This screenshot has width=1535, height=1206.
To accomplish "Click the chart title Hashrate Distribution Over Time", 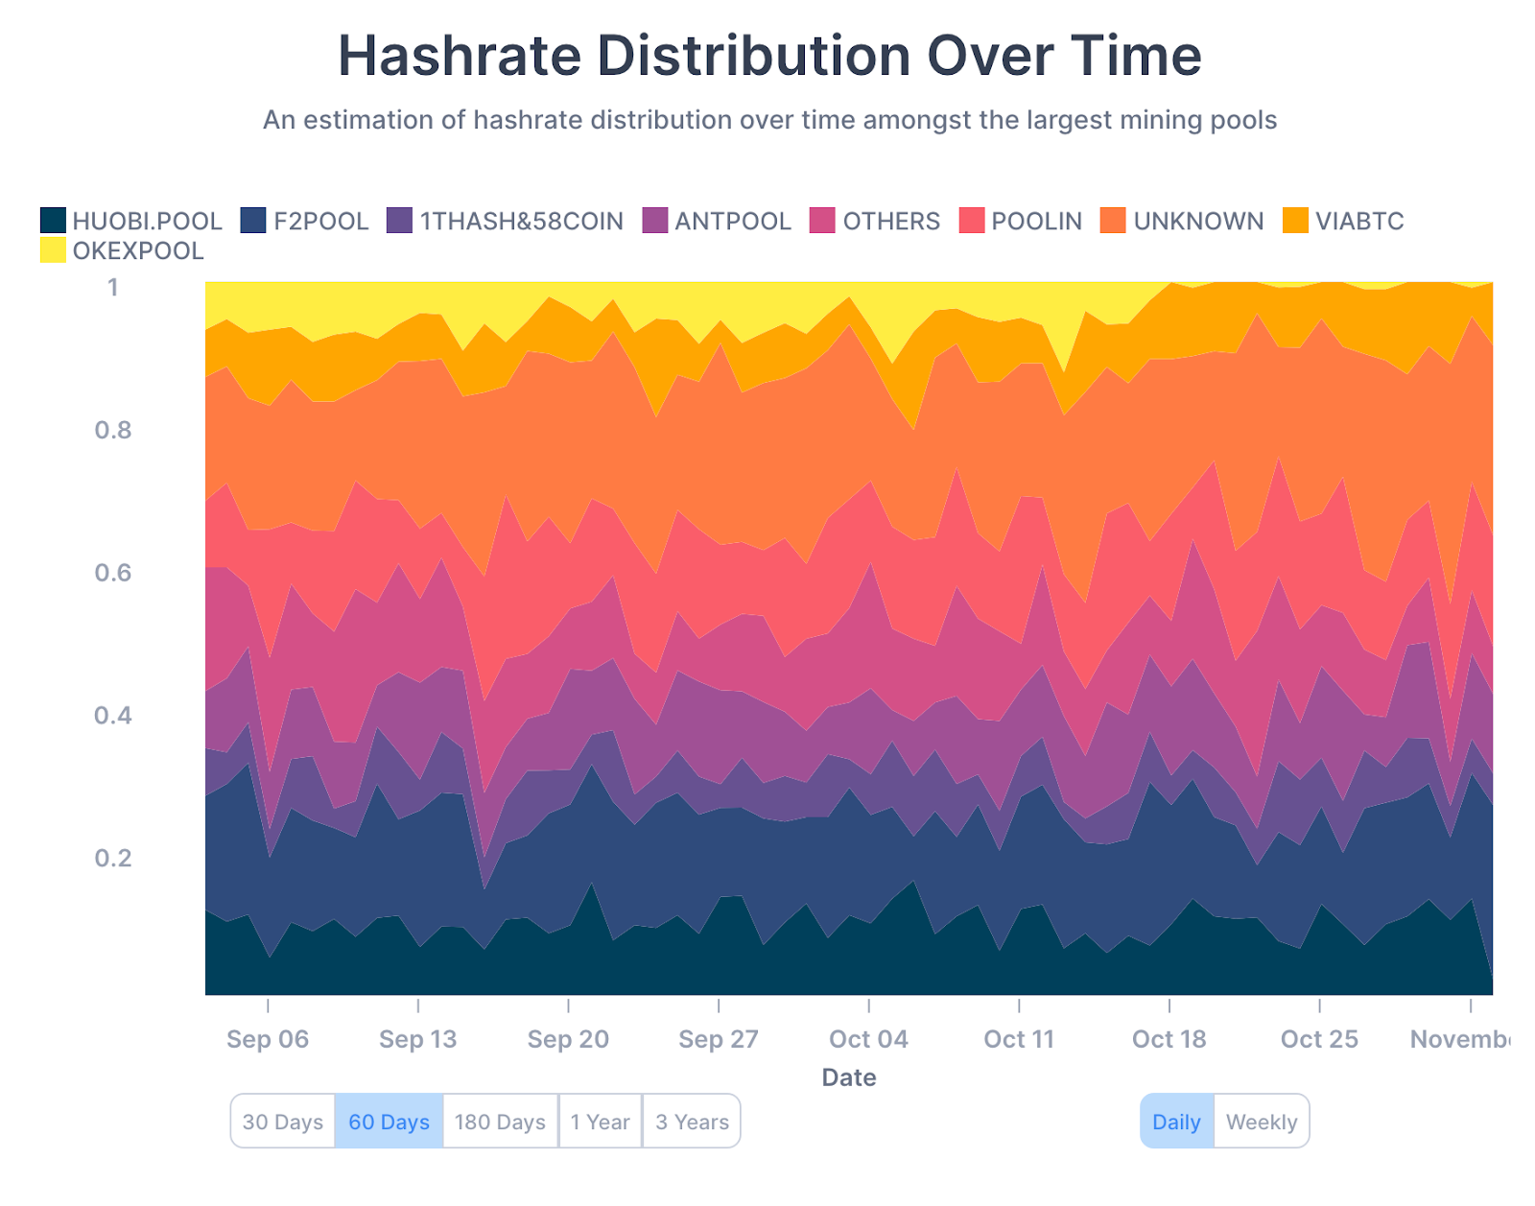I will click(769, 56).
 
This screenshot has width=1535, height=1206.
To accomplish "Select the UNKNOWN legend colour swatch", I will click(1113, 221).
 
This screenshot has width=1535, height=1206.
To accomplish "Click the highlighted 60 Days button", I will click(389, 1122).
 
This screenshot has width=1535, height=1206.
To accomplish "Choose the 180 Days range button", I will click(500, 1122).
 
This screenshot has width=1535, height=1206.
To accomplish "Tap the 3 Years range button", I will click(692, 1122).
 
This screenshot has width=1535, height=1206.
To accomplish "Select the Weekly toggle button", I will click(1261, 1122).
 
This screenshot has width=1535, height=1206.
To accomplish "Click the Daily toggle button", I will click(1176, 1122).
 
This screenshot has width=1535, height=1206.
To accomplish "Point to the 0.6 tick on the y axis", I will click(112, 573).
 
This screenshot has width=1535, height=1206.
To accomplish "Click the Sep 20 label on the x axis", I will click(568, 1039).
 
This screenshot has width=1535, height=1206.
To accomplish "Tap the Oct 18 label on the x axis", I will click(1169, 1039).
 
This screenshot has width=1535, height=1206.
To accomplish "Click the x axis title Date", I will click(848, 1077).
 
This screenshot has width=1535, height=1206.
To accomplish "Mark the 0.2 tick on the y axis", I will click(112, 858).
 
